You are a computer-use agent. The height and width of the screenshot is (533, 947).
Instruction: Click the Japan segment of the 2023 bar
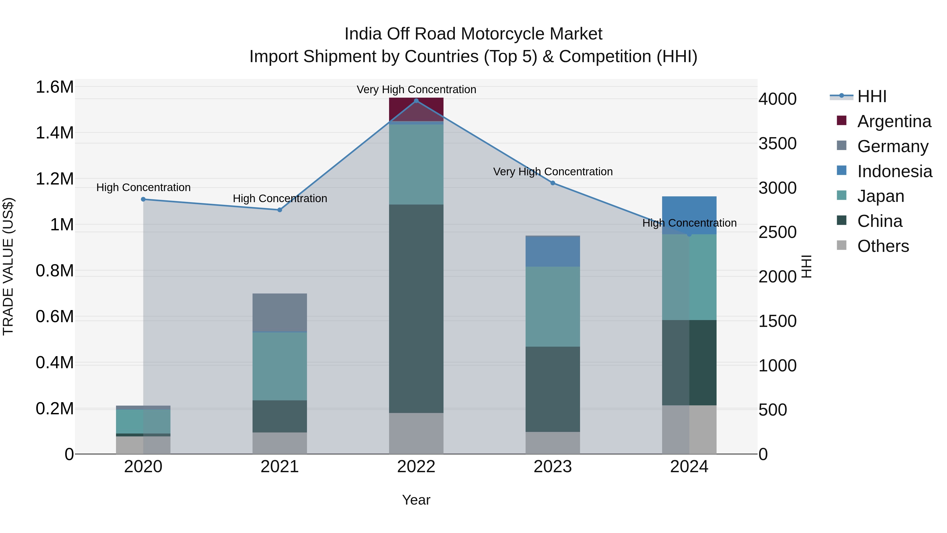coord(552,306)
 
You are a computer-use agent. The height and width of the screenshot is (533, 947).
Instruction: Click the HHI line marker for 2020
coord(143,199)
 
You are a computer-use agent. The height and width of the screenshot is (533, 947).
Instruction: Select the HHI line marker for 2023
coord(552,183)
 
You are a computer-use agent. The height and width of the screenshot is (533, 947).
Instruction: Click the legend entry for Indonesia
coord(894,171)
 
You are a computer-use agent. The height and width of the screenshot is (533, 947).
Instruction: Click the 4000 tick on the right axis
coord(777,99)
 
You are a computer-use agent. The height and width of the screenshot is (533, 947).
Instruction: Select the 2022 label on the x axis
coord(416,467)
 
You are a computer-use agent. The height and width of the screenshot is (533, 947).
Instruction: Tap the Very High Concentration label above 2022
coord(416,89)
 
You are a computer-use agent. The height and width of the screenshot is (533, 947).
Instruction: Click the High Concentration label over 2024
coord(689,223)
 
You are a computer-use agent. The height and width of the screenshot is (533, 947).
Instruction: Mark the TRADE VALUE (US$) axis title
coord(8,266)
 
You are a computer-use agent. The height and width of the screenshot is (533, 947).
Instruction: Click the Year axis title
coord(416,500)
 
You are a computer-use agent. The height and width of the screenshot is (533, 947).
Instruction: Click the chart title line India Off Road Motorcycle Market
coord(473,34)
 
